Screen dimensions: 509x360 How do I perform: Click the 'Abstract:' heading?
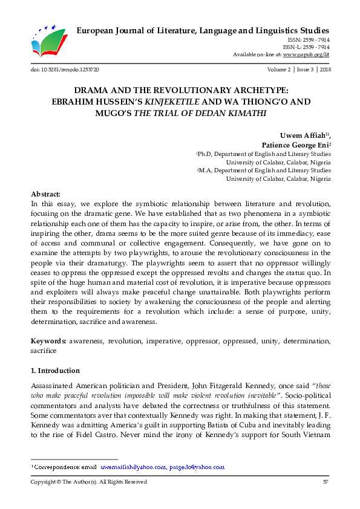[x=45, y=194]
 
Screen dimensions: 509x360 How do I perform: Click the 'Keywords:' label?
[x=49, y=341]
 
